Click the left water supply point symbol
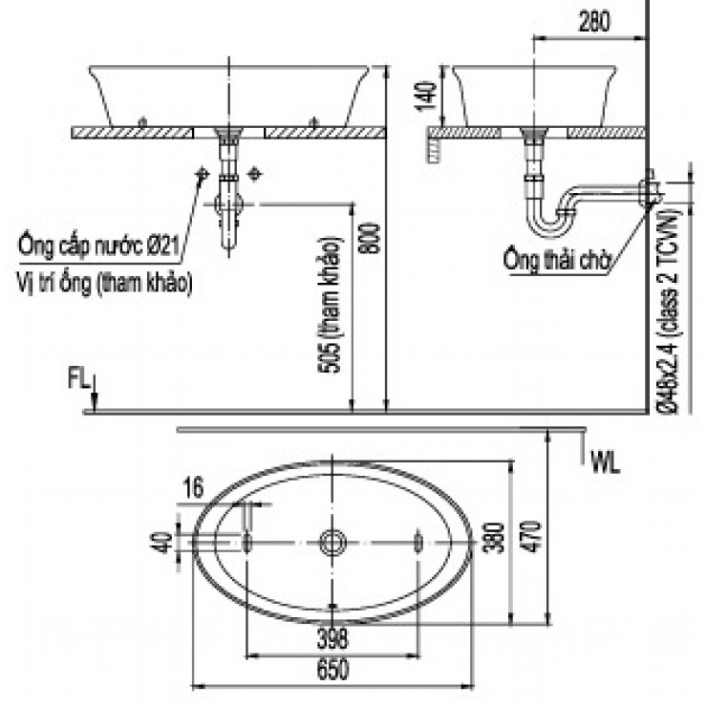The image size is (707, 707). point(203,174)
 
